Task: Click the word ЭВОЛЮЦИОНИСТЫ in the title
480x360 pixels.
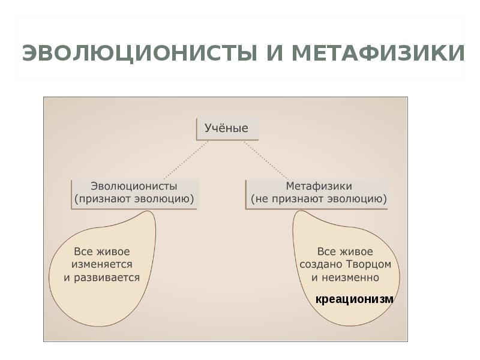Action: pos(138,53)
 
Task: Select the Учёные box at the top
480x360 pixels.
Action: pos(227,128)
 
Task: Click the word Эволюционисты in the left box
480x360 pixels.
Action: pos(133,186)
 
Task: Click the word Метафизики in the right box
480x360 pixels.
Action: pos(319,186)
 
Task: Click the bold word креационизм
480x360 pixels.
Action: pos(355,299)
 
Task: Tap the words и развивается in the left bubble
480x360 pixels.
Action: pos(102,277)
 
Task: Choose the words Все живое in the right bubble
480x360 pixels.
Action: pos(344,251)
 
